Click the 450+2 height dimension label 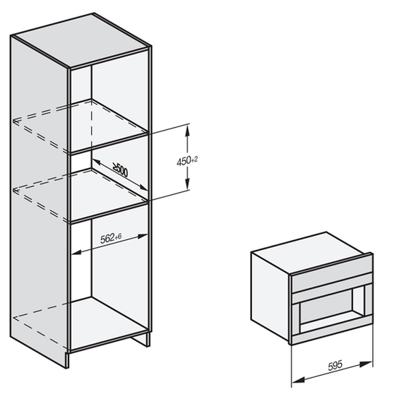(187, 161)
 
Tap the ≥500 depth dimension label (120, 169)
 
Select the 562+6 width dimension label (111, 238)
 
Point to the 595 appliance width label (335, 366)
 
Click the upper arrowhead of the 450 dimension (187, 130)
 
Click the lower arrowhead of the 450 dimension (187, 184)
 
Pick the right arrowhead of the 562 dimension (143, 237)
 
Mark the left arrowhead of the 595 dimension (297, 380)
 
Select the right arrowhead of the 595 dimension (367, 364)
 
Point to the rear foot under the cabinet (140, 339)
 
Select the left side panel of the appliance (270, 294)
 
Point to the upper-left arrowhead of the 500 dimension (95, 162)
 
